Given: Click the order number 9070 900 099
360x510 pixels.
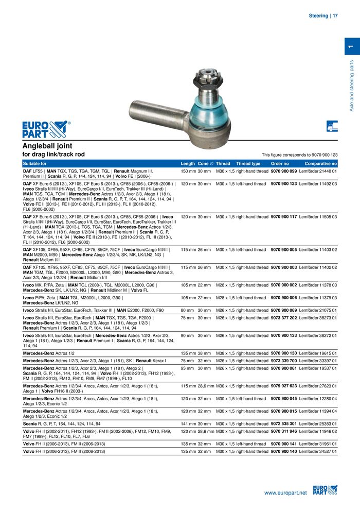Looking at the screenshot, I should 284,171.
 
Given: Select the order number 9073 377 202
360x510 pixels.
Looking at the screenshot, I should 284,318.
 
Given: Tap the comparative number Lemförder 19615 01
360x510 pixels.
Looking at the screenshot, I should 318,353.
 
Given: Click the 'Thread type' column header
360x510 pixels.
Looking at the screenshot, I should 248,163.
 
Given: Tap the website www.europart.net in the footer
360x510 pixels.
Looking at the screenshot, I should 285,493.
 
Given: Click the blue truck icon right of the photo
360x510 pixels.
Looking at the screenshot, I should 332,125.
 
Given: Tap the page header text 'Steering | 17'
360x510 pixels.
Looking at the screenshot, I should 323,16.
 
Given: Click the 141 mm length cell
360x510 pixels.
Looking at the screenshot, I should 188,424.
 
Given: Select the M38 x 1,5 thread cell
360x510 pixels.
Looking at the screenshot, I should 225,353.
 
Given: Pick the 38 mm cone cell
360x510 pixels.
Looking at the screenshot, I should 204,353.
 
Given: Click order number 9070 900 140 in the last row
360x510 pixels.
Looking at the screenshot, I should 284,451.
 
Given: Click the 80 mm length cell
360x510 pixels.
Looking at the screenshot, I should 187,311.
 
